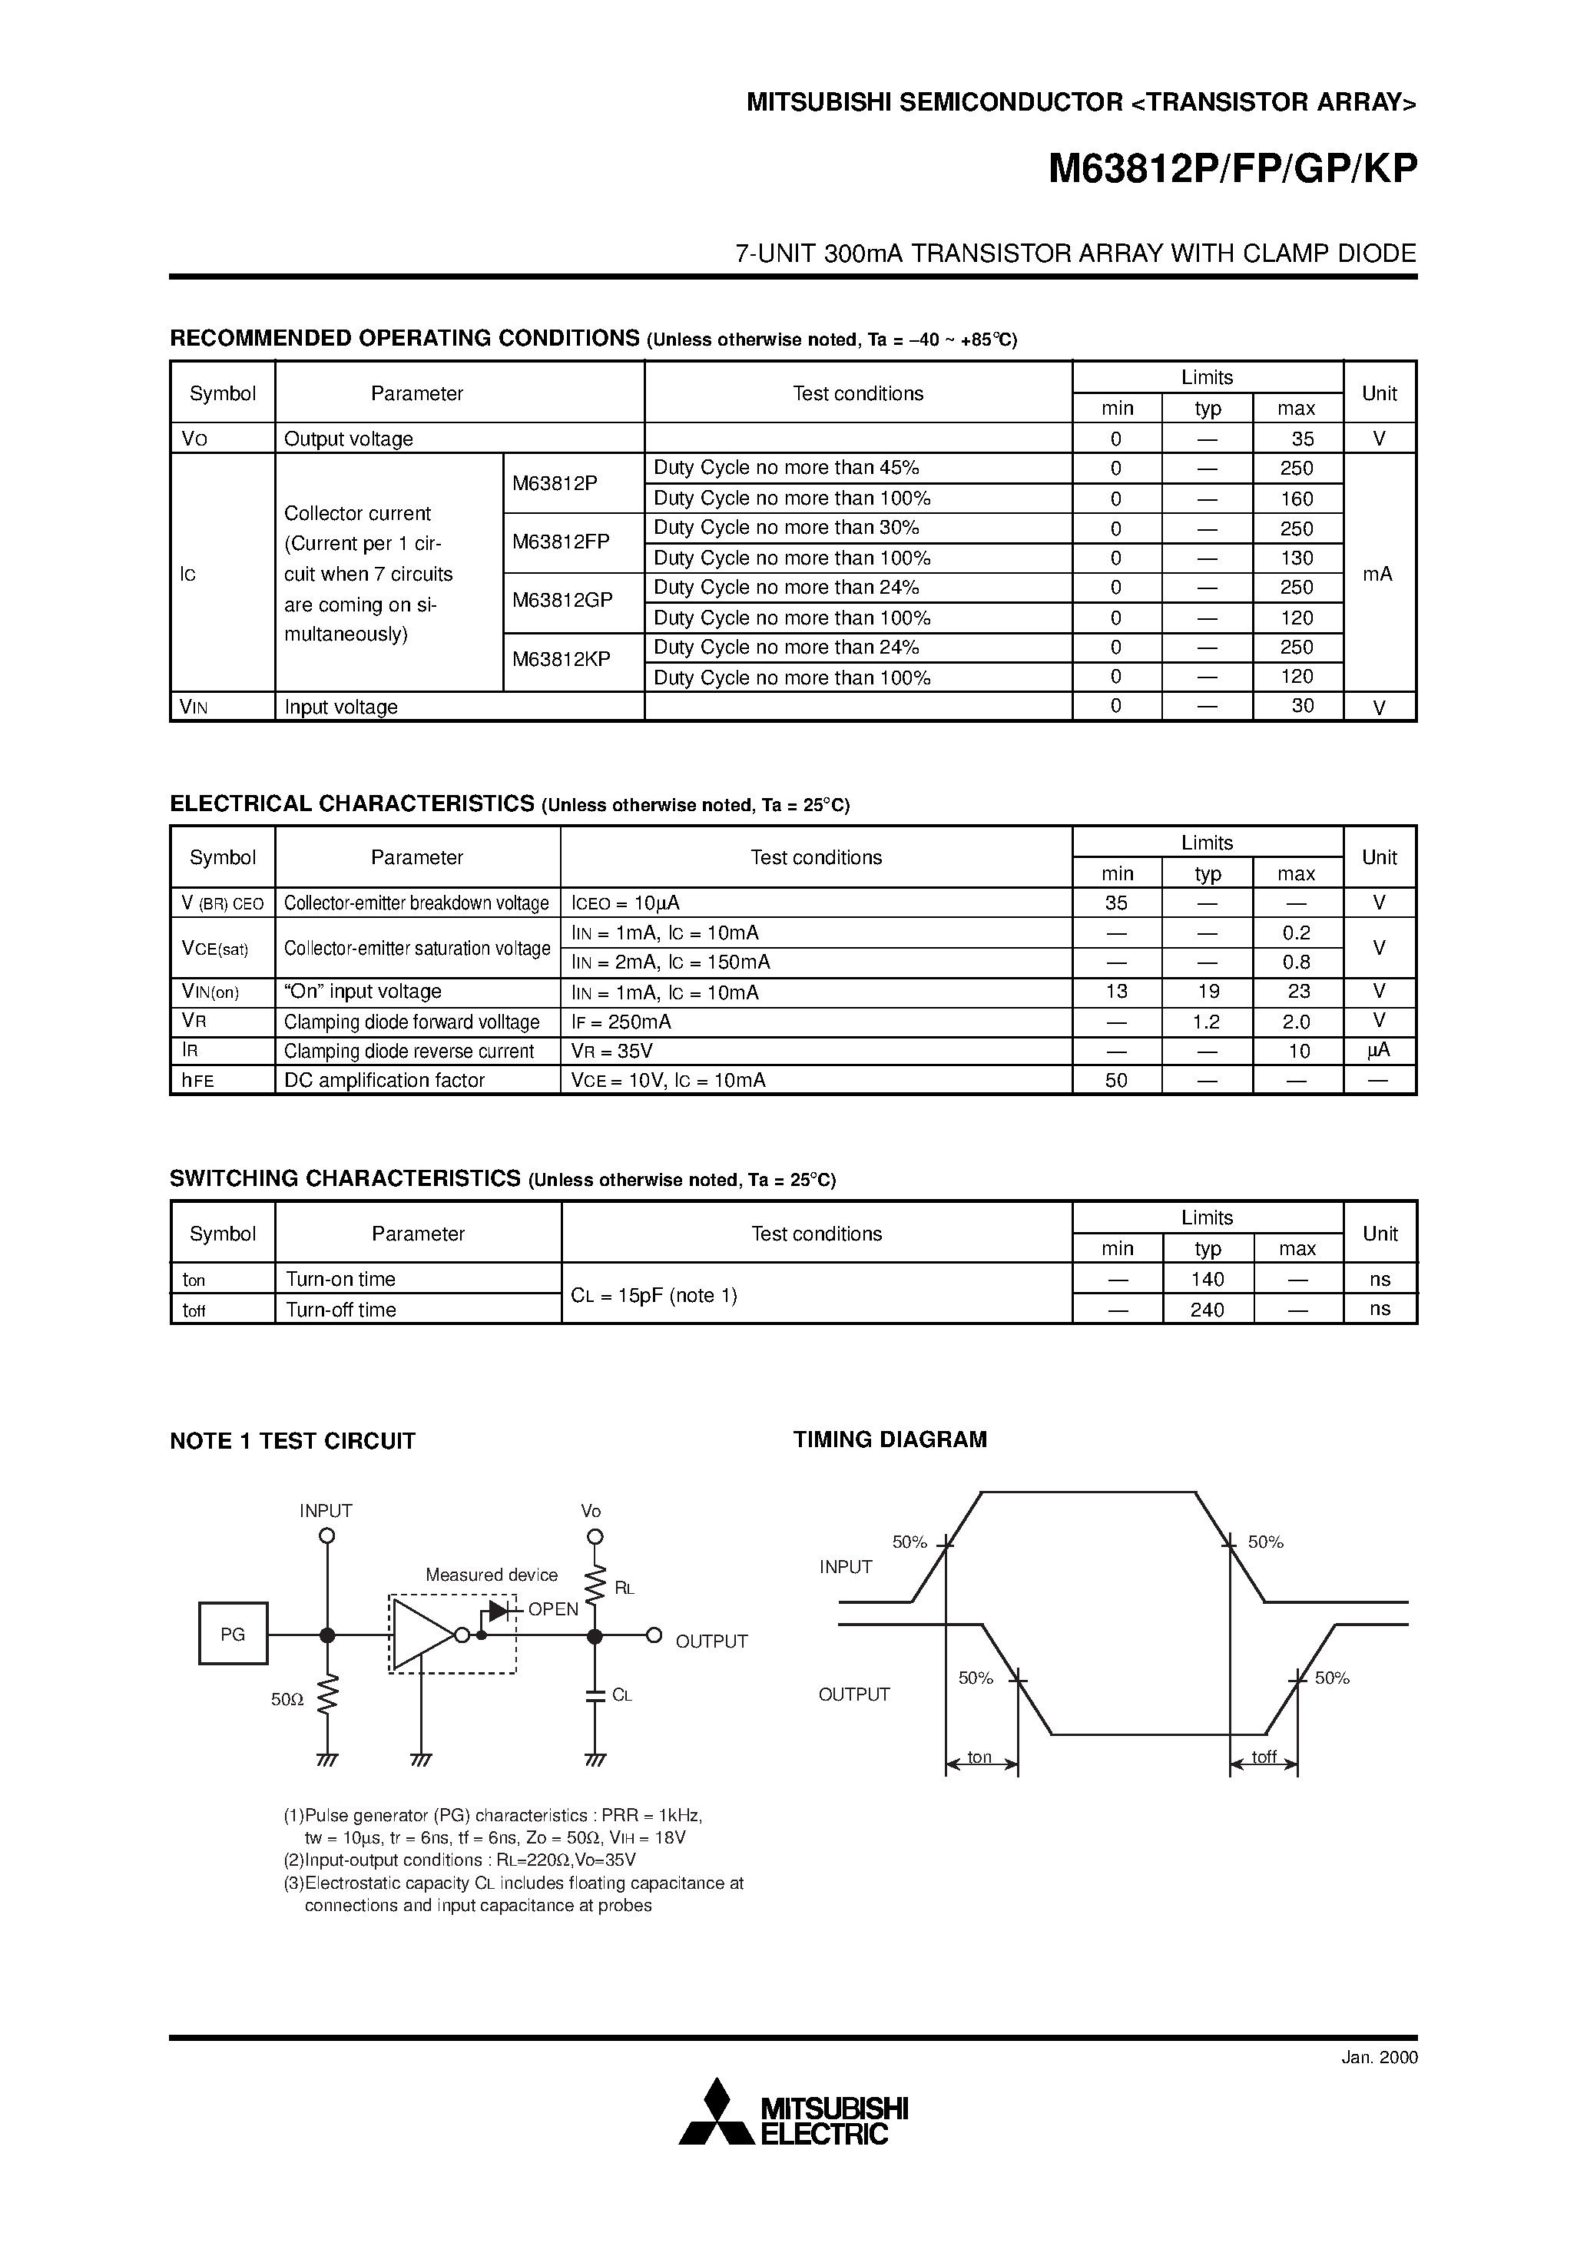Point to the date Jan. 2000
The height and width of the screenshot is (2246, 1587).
[1379, 2057]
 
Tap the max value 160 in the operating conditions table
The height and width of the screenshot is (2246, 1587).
[1297, 498]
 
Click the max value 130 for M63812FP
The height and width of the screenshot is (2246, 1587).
[1297, 558]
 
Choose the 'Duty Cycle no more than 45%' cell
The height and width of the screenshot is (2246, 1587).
[787, 468]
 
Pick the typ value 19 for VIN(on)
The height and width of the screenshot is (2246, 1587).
[1208, 991]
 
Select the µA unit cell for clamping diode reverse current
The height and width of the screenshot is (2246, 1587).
[1379, 1051]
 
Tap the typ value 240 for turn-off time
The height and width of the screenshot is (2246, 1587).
[1208, 1309]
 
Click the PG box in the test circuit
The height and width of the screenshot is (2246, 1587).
[233, 1634]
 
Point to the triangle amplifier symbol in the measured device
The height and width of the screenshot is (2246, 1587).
[421, 1634]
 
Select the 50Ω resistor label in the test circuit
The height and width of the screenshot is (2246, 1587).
[287, 1700]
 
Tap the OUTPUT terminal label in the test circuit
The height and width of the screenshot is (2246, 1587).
[711, 1641]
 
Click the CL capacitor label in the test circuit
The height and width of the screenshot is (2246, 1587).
[622, 1695]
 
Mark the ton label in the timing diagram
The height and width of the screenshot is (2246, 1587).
[979, 1757]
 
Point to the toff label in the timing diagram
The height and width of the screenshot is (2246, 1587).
[1264, 1757]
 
